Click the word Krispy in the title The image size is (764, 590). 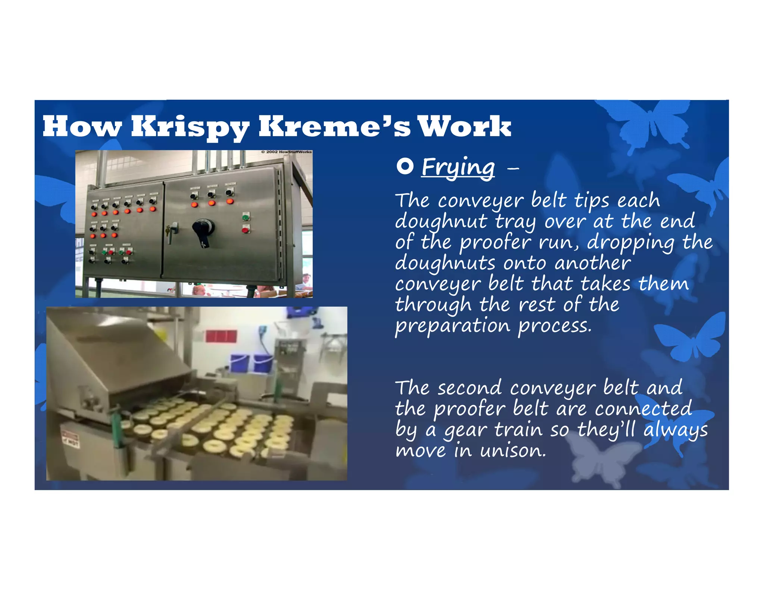(x=190, y=127)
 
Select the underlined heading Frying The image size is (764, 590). (x=458, y=167)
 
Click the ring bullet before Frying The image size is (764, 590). (x=405, y=166)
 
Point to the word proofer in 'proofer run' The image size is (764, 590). (x=495, y=243)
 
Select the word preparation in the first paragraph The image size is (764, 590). (x=453, y=326)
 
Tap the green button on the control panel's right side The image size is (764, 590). (x=245, y=217)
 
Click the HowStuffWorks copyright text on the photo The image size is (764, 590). (x=286, y=152)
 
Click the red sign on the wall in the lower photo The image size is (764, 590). (x=221, y=336)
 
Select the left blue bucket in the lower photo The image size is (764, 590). (x=239, y=362)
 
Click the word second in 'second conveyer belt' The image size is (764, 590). (x=469, y=388)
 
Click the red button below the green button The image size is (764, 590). (x=245, y=229)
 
